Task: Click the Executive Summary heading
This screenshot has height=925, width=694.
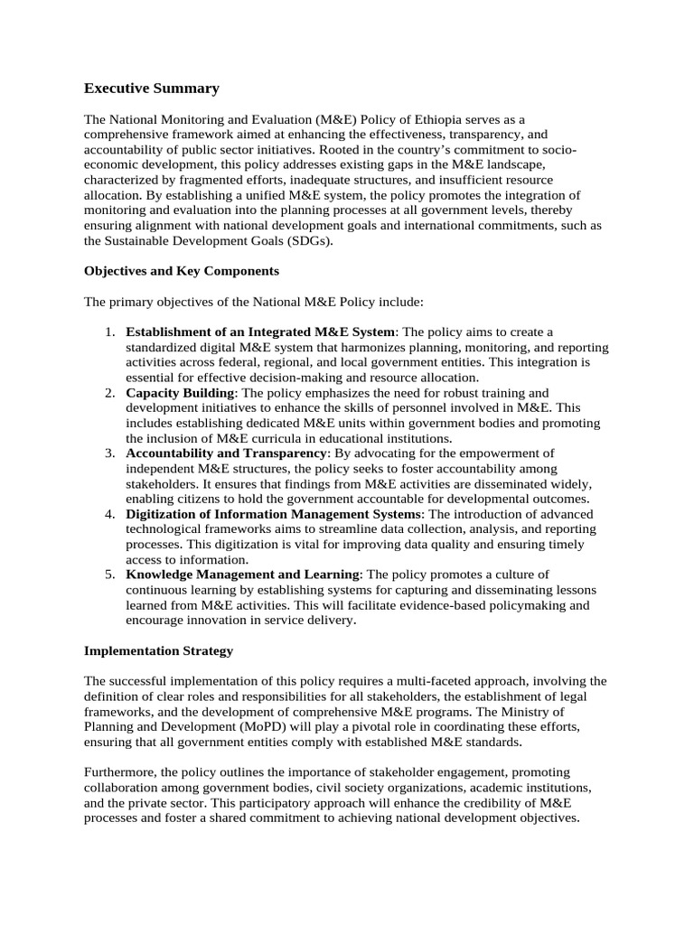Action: point(152,89)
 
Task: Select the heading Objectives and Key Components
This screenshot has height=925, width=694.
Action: point(181,271)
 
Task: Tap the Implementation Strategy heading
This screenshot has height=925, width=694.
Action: point(158,650)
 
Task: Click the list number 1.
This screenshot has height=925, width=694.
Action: point(108,332)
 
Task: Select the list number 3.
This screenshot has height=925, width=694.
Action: point(108,453)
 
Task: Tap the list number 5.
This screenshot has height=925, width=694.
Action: point(108,575)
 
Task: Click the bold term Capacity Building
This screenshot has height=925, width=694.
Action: point(180,393)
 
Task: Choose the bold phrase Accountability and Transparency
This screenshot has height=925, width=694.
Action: point(228,453)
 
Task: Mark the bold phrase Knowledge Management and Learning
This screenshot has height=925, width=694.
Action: point(243,575)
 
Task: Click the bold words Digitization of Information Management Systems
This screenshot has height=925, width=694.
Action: point(267,514)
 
